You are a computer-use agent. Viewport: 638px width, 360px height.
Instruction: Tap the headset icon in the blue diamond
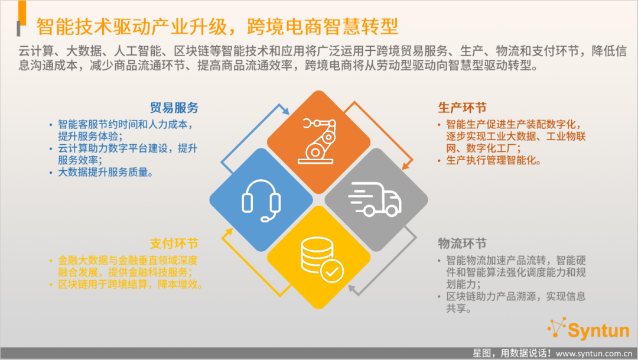click(261, 200)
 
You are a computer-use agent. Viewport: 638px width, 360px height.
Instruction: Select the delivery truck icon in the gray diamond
click(375, 199)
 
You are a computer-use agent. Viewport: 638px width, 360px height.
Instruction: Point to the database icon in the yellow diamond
click(322, 260)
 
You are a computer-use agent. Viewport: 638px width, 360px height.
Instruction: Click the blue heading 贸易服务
click(174, 108)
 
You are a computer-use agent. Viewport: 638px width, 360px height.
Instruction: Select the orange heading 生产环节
click(462, 108)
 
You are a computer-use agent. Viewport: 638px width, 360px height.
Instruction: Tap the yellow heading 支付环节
click(174, 244)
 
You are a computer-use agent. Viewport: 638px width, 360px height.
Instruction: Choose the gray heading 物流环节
click(462, 244)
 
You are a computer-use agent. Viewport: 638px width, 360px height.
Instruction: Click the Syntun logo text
click(598, 330)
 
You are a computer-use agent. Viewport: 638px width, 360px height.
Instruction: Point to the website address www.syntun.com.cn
click(594, 353)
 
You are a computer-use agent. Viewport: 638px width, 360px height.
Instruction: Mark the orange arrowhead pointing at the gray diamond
click(405, 166)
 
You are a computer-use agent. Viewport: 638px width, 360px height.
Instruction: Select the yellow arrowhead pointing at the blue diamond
click(228, 232)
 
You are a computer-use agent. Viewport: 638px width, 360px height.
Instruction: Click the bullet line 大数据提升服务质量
click(105, 172)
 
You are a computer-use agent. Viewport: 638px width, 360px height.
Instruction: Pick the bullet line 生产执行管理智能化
click(493, 160)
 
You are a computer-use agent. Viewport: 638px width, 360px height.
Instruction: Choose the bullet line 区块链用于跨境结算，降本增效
click(130, 284)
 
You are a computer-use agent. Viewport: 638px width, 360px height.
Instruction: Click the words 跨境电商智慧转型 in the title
click(323, 27)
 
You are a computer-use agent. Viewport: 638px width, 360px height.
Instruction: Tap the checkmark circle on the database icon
click(332, 271)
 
